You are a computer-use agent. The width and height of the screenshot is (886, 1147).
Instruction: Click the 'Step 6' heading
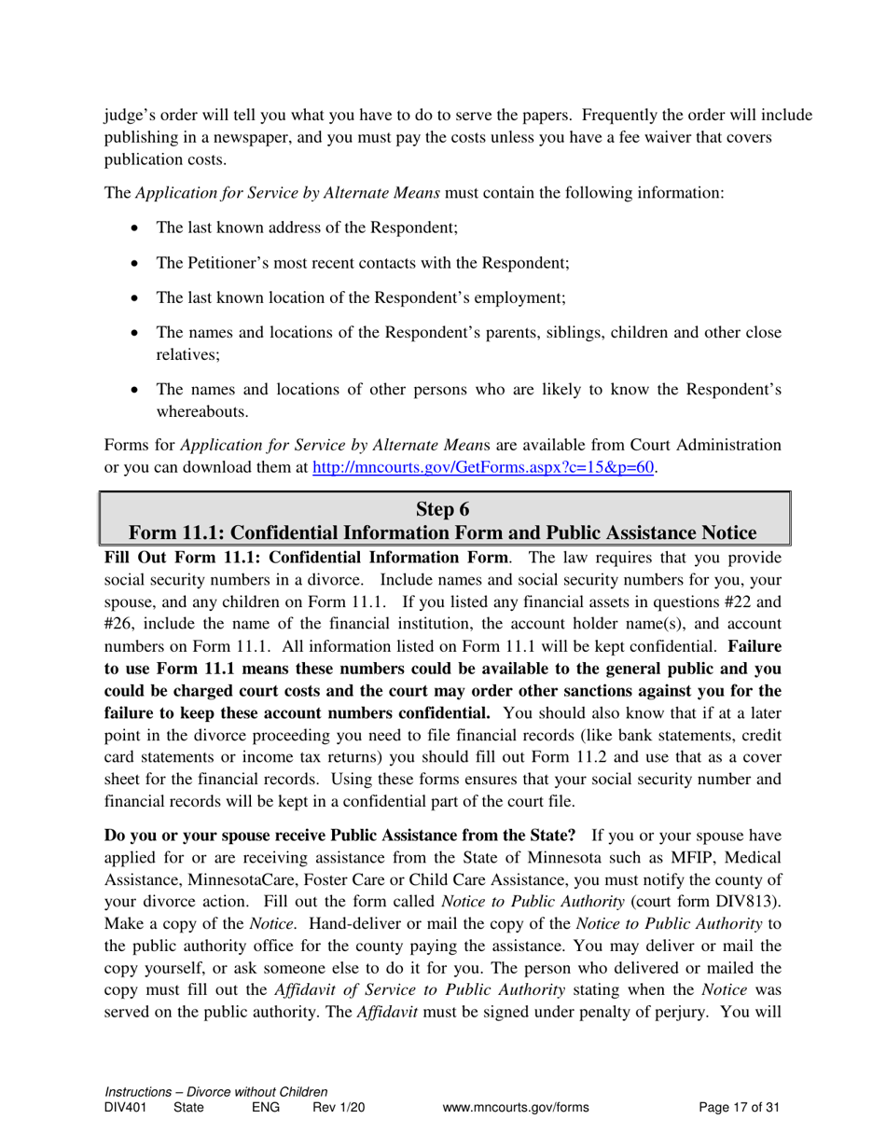coord(442,508)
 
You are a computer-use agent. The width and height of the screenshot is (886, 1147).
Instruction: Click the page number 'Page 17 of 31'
coord(739,1108)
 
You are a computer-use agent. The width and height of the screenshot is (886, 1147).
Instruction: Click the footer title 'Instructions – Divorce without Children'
coord(216,1091)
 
